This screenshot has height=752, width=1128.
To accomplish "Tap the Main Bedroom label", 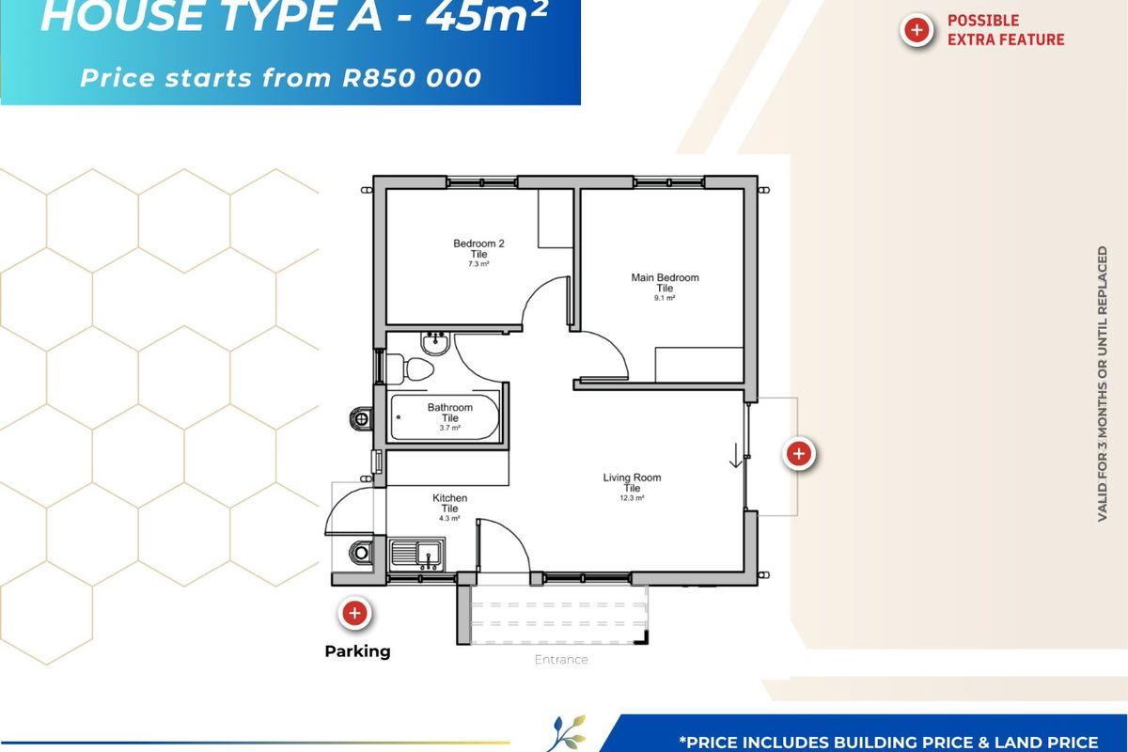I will coord(665,278).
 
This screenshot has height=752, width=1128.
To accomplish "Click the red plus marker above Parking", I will coord(354,614).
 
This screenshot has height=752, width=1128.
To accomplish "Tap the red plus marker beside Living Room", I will coord(798,454).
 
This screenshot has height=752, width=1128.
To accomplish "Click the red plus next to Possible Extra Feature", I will coord(916,30).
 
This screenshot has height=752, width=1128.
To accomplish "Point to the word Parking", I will coord(357,650).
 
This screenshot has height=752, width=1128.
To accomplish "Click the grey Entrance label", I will coord(561,659).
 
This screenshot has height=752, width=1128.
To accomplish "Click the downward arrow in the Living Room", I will coord(736,456).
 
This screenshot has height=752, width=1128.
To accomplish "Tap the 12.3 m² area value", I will coord(632,498).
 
